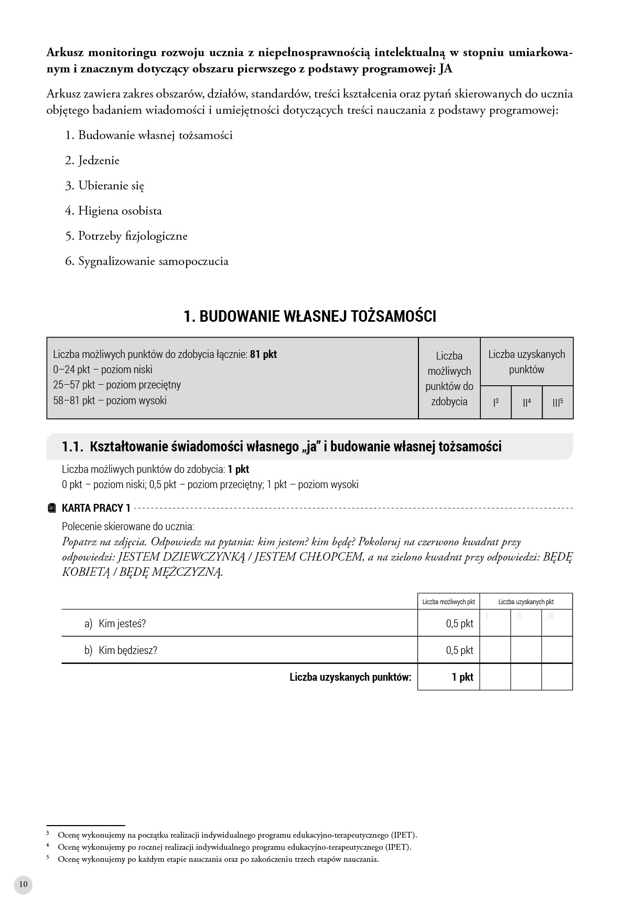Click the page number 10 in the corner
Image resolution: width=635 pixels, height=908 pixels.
click(x=23, y=884)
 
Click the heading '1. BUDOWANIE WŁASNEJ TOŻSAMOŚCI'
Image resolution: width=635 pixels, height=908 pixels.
click(x=310, y=316)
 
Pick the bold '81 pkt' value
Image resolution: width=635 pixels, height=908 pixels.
click(x=263, y=354)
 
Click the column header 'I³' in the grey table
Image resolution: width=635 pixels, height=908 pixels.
click(x=496, y=403)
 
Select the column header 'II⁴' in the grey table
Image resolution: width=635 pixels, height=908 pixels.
click(x=526, y=403)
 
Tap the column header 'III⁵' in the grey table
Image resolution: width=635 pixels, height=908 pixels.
click(x=557, y=403)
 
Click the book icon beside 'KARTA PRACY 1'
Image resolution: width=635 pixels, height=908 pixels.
click(x=51, y=508)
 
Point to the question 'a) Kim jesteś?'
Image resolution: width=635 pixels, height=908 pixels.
click(x=115, y=624)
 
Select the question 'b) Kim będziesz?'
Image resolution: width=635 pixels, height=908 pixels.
click(x=121, y=650)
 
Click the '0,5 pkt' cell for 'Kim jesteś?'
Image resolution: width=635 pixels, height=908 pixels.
click(x=459, y=624)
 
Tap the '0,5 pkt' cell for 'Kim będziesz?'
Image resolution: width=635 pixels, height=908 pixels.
click(x=459, y=650)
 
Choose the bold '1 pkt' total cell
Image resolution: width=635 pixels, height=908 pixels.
click(x=462, y=677)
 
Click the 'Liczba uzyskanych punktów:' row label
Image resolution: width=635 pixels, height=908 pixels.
click(x=350, y=677)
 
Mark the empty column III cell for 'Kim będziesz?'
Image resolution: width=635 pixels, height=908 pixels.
click(x=557, y=650)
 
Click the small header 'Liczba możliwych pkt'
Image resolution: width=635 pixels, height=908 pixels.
click(x=449, y=602)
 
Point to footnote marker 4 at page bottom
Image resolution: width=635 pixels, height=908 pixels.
click(x=48, y=846)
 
